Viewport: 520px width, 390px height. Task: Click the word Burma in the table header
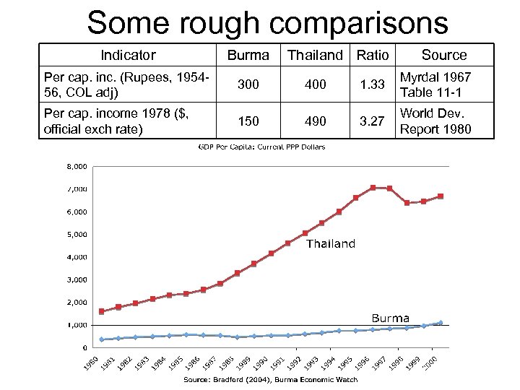click(x=248, y=55)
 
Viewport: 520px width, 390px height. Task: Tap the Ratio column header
click(x=373, y=55)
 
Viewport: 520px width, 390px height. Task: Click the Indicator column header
click(x=128, y=55)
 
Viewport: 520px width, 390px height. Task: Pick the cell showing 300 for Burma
click(x=248, y=85)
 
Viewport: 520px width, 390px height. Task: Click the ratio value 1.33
click(x=373, y=85)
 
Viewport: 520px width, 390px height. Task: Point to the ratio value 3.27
click(x=373, y=121)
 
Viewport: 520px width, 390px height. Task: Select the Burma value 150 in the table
click(x=248, y=121)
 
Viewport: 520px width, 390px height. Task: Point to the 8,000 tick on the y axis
click(x=77, y=166)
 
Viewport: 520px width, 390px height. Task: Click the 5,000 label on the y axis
click(x=77, y=234)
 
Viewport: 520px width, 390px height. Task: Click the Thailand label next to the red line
click(x=331, y=244)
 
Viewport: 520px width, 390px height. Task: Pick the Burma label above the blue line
click(x=390, y=318)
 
